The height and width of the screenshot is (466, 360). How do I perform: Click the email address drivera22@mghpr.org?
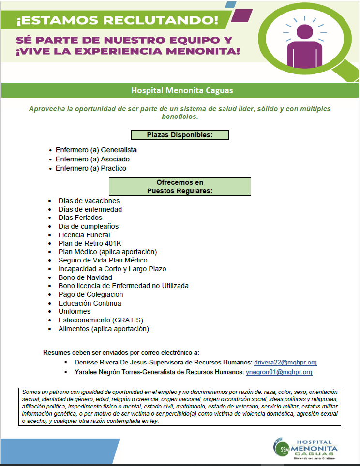click(285, 362)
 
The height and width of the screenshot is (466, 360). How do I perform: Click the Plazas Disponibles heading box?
click(180, 135)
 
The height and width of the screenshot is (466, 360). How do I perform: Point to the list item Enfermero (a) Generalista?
click(96, 150)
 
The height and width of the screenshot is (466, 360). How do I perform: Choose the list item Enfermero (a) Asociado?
click(92, 159)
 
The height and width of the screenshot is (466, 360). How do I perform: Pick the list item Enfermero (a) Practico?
click(91, 168)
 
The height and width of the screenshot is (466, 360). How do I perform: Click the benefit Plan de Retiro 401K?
click(90, 244)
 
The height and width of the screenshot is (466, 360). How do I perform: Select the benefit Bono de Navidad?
click(85, 277)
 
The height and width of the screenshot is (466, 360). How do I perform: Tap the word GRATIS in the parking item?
click(128, 320)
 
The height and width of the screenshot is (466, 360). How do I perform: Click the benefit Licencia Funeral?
click(84, 235)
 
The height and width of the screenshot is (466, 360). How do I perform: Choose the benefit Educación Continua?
click(90, 303)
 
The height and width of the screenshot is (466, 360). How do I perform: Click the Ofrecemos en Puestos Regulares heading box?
click(180, 187)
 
